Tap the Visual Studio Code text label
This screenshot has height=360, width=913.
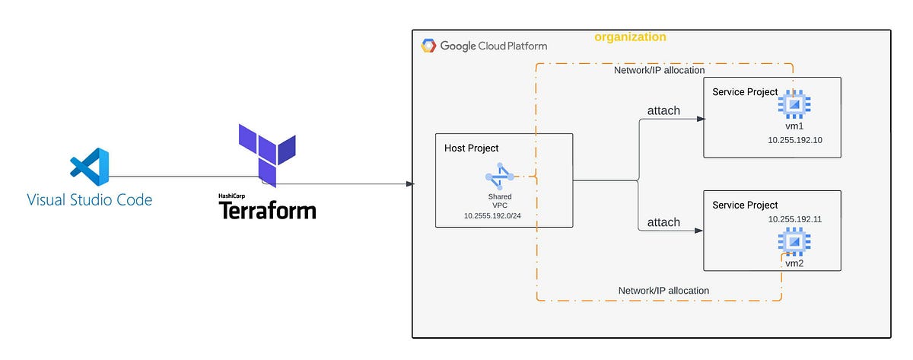[90, 200]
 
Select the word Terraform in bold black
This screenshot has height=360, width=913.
[267, 210]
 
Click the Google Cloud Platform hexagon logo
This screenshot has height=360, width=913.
[428, 46]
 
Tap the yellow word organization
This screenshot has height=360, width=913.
[630, 37]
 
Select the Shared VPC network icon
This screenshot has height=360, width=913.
[499, 177]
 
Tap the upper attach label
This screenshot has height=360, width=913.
[663, 111]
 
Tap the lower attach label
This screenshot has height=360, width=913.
[663, 222]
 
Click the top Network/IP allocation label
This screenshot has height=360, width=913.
[659, 70]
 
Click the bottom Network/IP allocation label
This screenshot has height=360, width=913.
[663, 291]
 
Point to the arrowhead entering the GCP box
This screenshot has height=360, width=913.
[410, 183]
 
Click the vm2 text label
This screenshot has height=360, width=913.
[795, 263]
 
